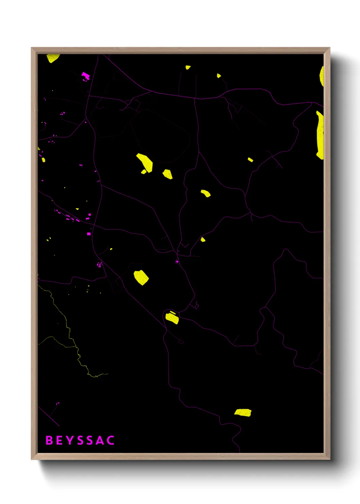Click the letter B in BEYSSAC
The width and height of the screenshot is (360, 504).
pos(49,440)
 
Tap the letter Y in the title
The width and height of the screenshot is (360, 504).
pos(69,440)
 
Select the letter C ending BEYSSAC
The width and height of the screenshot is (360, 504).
pos(110,440)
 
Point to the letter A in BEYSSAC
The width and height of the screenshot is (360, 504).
pos(100,440)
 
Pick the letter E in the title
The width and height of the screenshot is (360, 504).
pos(59,440)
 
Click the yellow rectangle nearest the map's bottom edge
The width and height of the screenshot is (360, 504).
pos(243,413)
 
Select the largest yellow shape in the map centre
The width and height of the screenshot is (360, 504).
pos(145,162)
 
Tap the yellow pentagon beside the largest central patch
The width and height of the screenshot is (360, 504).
pos(167,174)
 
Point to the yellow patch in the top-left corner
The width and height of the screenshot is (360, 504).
pos(53,58)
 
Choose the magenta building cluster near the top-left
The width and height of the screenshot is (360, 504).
pos(85,76)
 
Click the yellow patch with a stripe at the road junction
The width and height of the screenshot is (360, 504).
pos(172,318)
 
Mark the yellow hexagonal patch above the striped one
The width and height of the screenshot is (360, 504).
pos(141,277)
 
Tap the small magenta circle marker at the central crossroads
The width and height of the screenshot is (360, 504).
pos(177,262)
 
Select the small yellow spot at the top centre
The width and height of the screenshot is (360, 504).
pos(188,67)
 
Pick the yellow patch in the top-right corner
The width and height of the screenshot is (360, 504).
pos(322,77)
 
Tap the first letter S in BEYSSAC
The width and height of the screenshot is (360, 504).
pos(80,440)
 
